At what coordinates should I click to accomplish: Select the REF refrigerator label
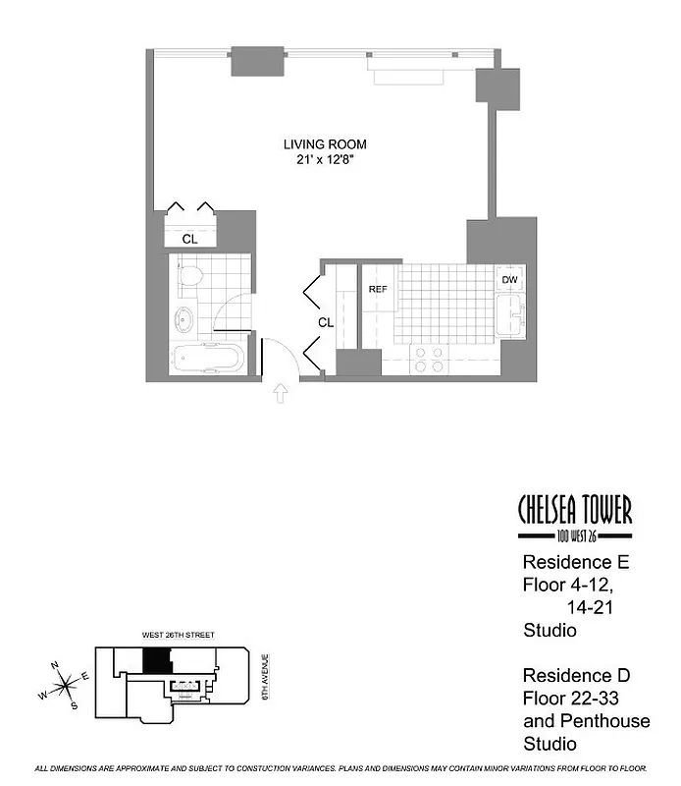tap(379, 290)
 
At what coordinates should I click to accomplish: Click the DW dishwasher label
tap(509, 280)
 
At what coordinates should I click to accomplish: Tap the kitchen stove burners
tap(428, 359)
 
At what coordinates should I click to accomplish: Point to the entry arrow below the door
tap(280, 395)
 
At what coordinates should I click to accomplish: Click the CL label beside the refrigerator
tap(326, 321)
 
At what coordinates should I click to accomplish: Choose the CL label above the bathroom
tap(190, 239)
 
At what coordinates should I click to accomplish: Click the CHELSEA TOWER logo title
tap(574, 510)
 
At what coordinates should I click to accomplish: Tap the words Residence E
tap(574, 564)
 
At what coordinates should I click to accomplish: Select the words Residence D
tap(574, 676)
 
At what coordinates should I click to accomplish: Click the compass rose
tap(65, 683)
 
